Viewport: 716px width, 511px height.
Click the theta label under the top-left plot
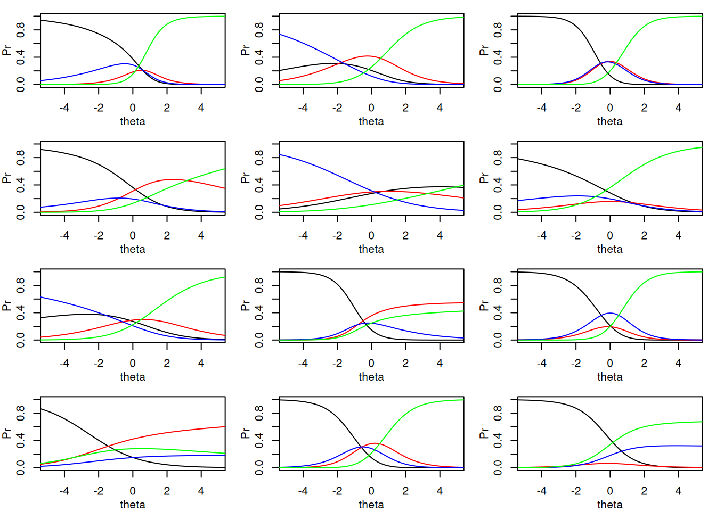point(132,121)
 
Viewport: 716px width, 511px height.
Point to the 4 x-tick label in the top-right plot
point(678,108)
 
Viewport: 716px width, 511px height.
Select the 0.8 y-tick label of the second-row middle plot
point(259,157)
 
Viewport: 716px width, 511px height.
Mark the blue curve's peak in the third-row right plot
point(610,313)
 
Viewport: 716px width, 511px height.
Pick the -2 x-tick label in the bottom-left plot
point(99,491)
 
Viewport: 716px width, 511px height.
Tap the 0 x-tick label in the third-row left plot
point(133,363)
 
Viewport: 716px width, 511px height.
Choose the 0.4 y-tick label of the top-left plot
point(20,57)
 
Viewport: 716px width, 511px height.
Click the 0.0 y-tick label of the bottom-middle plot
point(259,467)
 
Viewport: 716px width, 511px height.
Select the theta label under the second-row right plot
point(609,249)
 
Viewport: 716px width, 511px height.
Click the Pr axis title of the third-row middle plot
point(245,306)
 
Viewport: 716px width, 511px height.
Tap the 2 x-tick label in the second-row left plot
point(167,235)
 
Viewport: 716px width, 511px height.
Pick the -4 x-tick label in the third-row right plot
point(541,363)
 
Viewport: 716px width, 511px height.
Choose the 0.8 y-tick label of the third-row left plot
point(20,285)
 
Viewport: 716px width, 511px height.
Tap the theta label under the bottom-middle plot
point(371,505)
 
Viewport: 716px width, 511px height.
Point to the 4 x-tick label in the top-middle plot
point(440,108)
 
